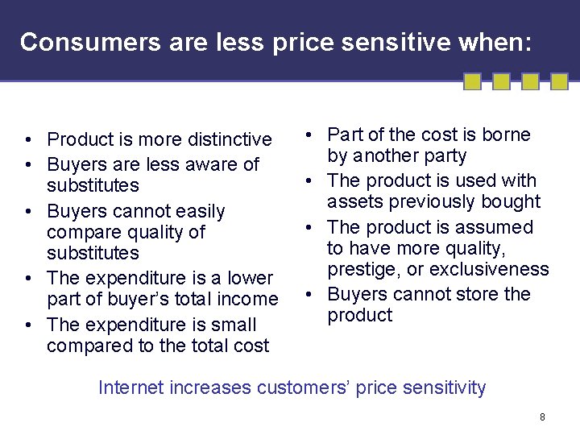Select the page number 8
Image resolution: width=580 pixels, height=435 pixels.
pyautogui.click(x=542, y=416)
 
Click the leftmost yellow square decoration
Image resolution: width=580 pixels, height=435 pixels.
pyautogui.click(x=473, y=81)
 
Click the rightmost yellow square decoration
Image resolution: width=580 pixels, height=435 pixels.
pyautogui.click(x=558, y=81)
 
